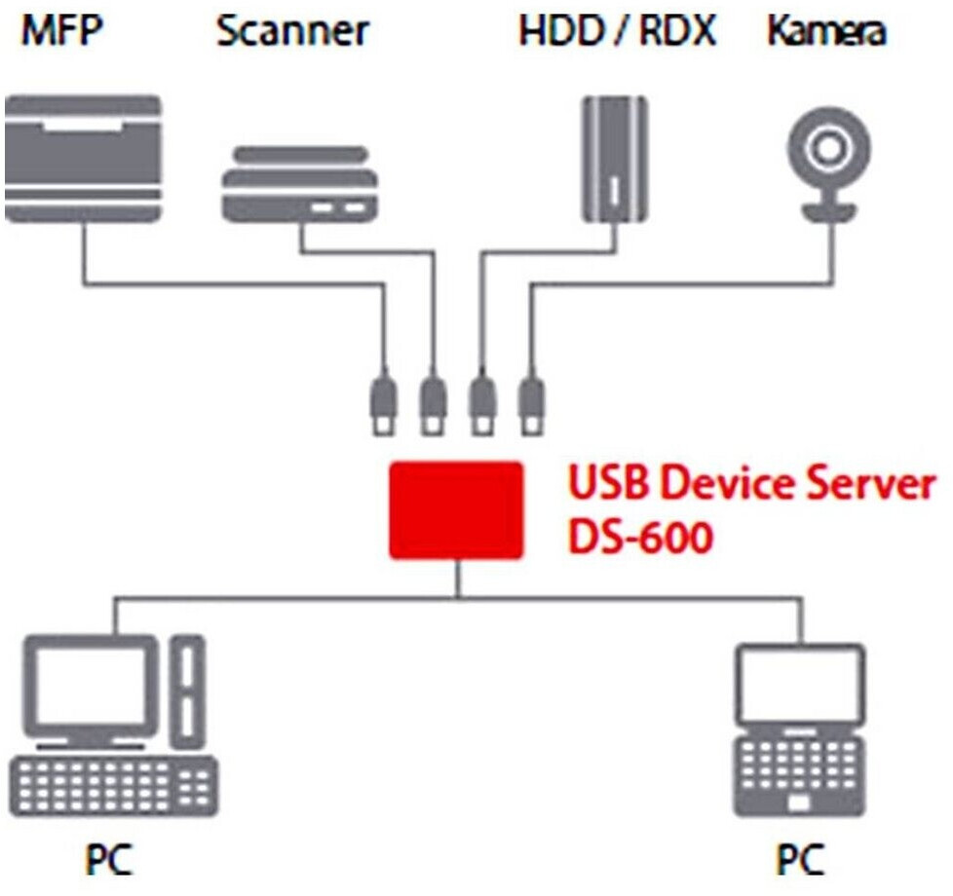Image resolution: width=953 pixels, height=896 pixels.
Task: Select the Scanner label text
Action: (x=292, y=31)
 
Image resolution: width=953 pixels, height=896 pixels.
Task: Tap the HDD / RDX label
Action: (x=617, y=31)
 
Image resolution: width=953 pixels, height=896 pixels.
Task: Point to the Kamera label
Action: (x=826, y=31)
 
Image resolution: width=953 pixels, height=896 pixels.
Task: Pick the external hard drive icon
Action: (x=615, y=161)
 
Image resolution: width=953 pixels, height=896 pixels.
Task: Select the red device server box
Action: (x=455, y=510)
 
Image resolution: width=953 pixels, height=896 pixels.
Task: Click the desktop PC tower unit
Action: (x=188, y=687)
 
